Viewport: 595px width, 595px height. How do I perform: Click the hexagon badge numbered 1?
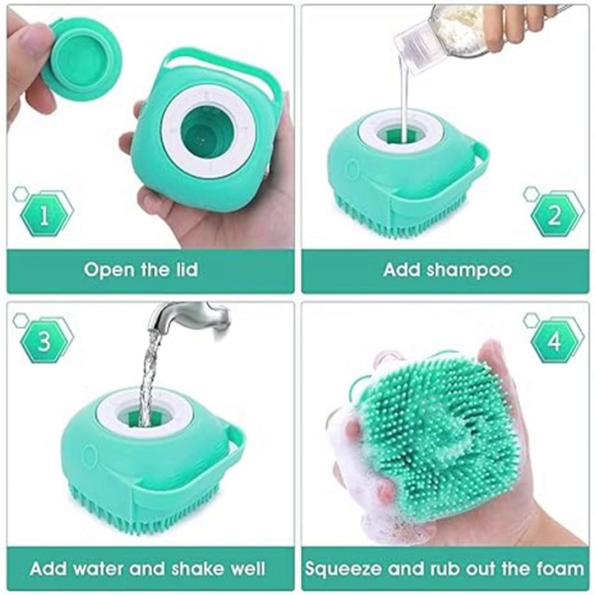[x=44, y=215]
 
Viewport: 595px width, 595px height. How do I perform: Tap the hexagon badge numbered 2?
[x=554, y=215]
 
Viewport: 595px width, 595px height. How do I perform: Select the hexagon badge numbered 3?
[x=44, y=340]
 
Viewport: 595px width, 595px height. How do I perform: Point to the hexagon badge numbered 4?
[x=554, y=341]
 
